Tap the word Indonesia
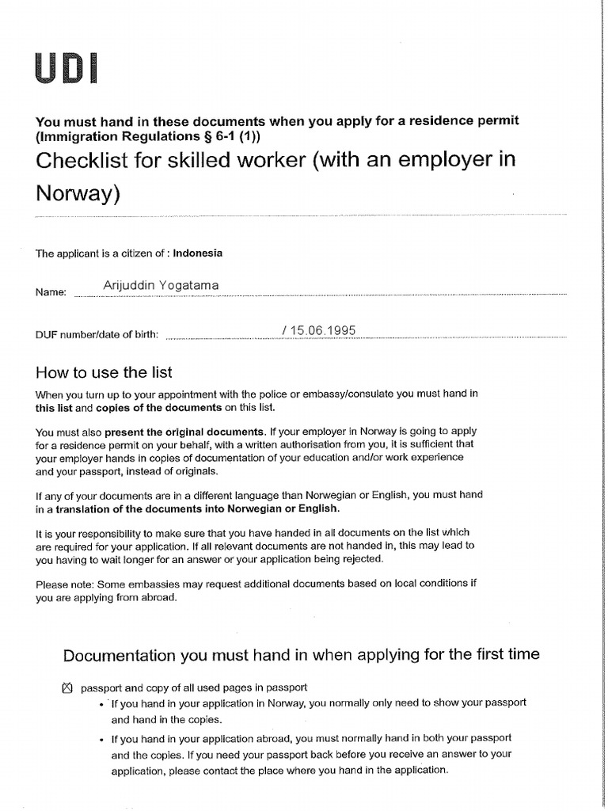tap(198, 253)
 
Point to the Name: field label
tap(51, 292)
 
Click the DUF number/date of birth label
tap(97, 334)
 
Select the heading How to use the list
tap(104, 372)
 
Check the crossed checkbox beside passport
tap(66, 687)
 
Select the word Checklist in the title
tap(82, 160)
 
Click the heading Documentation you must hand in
tap(301, 654)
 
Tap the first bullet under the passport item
tap(103, 703)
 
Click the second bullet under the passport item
tap(103, 739)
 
